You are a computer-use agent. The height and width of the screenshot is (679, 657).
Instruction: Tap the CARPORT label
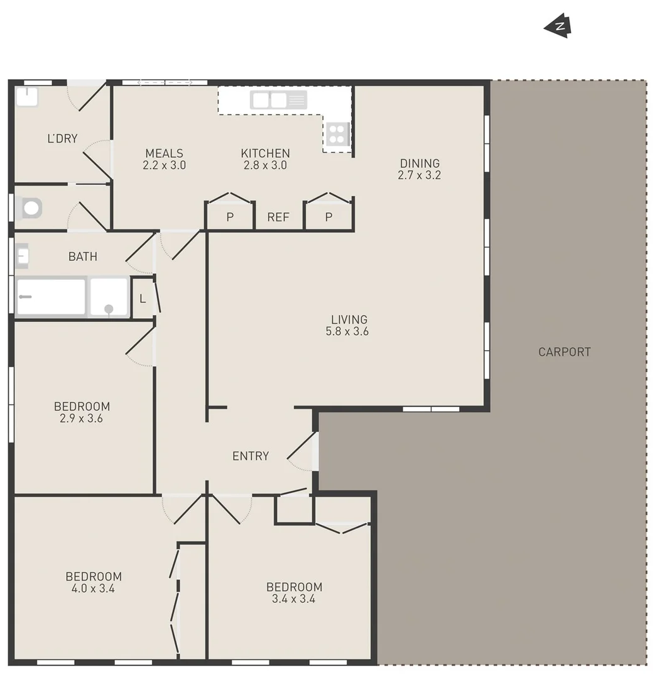[564, 352]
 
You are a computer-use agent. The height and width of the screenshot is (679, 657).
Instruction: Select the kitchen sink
[278, 100]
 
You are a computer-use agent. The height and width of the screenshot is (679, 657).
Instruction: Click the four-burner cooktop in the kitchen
[337, 134]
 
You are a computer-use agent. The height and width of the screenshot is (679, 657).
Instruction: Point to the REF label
[278, 218]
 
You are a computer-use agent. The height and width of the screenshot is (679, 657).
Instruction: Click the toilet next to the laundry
[30, 208]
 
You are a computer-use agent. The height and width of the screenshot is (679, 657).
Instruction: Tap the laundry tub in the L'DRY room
[27, 97]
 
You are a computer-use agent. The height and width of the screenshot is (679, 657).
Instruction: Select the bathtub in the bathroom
[51, 297]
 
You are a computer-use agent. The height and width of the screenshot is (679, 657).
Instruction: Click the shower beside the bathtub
[109, 297]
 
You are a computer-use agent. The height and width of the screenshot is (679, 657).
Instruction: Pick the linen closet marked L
[143, 299]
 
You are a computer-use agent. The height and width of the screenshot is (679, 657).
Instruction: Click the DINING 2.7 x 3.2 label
[420, 170]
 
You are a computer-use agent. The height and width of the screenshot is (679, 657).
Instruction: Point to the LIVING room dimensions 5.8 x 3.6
[347, 332]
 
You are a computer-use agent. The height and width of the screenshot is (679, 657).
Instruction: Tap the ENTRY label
[251, 456]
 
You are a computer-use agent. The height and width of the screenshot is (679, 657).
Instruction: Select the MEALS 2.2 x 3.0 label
[164, 159]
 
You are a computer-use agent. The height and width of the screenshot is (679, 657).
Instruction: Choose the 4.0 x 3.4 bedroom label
[94, 583]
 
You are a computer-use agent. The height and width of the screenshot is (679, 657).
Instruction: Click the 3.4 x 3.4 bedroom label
[294, 593]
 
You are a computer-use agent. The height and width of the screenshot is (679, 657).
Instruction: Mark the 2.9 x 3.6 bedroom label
[82, 412]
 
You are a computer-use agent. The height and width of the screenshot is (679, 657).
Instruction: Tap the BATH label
[83, 257]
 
